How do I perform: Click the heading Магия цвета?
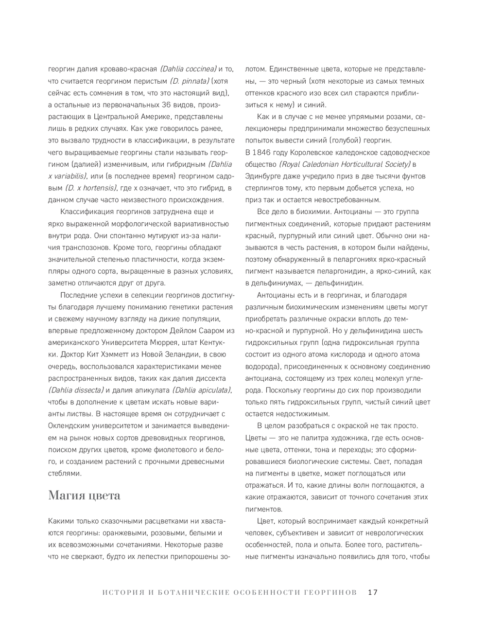coord(84,496)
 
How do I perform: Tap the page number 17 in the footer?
coord(373,592)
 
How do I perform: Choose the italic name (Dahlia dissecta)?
coord(76,390)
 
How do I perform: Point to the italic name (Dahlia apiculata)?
coord(201,390)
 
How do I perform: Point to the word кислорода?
coord(344,354)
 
